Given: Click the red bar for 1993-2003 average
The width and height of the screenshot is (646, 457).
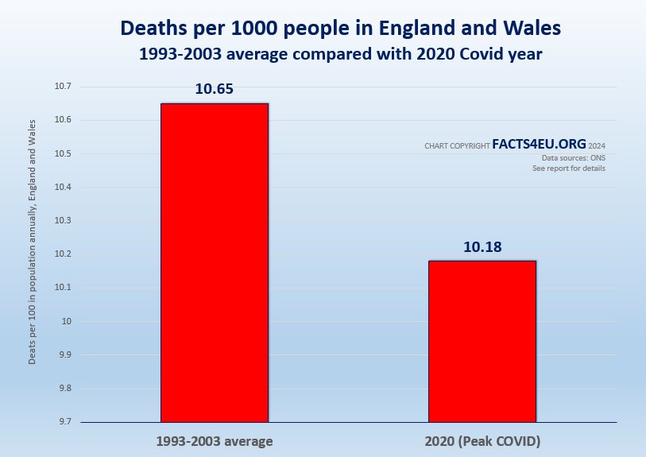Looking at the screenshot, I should click(x=215, y=262).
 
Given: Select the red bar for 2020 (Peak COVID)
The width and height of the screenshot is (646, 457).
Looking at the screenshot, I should click(x=482, y=341).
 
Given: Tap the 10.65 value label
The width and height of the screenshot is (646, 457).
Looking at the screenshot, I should click(x=214, y=89).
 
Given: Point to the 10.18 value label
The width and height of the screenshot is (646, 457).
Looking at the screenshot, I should click(x=482, y=247).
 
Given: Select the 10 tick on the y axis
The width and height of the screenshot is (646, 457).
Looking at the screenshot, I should click(x=66, y=321).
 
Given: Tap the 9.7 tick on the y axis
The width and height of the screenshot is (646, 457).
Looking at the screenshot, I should click(x=62, y=421).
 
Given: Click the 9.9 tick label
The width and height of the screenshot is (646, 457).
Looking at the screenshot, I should click(x=62, y=354).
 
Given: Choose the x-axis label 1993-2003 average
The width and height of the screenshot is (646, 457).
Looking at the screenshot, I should click(x=214, y=440).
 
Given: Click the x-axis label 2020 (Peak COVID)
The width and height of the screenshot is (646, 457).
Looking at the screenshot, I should click(x=482, y=440).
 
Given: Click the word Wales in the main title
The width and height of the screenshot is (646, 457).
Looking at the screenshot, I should click(x=531, y=28).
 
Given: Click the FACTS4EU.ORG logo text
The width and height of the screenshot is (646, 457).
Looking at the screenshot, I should click(x=539, y=144).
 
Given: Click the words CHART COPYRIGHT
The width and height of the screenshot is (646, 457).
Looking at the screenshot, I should click(x=457, y=146).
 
